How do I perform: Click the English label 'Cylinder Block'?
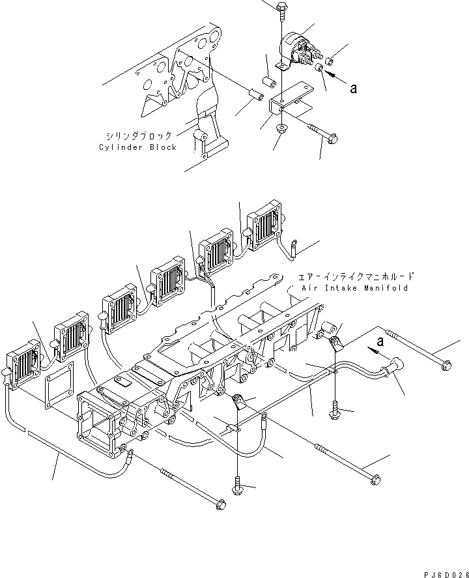(x=137, y=147)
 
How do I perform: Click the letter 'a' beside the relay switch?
(x=354, y=89)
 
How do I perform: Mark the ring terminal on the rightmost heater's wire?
(x=294, y=246)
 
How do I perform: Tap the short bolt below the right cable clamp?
(x=335, y=411)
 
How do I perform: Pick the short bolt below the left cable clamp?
(x=236, y=487)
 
